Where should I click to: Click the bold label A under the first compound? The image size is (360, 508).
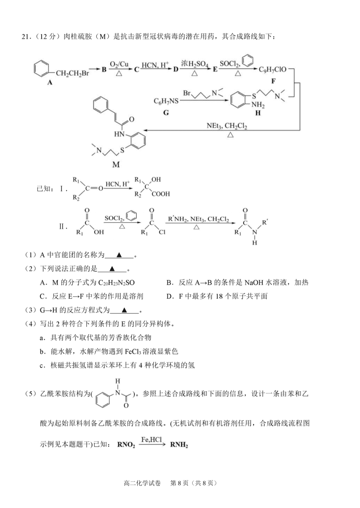[50, 83]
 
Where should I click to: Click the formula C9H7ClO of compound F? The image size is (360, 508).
[273, 69]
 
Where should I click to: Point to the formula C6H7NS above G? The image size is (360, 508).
[166, 102]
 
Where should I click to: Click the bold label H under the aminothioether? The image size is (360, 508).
[258, 113]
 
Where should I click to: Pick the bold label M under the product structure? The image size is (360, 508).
[116, 165]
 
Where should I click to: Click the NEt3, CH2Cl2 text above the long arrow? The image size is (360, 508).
[227, 126]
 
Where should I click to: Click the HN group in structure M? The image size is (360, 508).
[119, 134]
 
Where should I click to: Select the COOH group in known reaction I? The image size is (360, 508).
[160, 194]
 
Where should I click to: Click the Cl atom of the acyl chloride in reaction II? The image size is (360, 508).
[162, 232]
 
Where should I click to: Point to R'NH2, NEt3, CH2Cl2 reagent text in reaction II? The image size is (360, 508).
[198, 219]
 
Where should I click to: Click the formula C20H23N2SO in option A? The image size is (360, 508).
[116, 283]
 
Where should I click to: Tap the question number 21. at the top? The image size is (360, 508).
[26, 37]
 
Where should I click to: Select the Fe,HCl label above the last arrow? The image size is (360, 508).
[151, 440]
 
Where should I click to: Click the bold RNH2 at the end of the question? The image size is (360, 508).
[179, 445]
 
